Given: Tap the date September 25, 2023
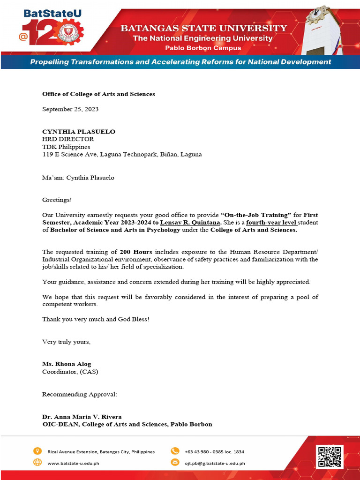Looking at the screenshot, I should point(70,109).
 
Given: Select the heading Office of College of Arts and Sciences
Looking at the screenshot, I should point(98,94).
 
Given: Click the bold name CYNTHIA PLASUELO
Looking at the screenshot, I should point(79,132).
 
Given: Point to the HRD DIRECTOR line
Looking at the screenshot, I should point(68,139).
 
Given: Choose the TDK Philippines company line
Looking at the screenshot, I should point(66,147).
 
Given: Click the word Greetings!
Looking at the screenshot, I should point(57,200).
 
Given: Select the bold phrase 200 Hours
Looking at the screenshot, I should point(136,252).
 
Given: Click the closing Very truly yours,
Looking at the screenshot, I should point(66,342).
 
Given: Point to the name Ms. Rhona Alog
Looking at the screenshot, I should point(67,364).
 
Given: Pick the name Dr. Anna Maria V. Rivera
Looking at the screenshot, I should point(82,417).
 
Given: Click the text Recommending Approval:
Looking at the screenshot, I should point(80,394).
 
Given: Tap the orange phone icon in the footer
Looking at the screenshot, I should point(175,451).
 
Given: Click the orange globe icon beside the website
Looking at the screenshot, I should point(37,463).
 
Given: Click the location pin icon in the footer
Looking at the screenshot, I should point(37,451).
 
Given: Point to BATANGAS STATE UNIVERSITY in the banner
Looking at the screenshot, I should point(204,28).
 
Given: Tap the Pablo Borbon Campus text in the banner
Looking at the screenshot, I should point(203,48).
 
